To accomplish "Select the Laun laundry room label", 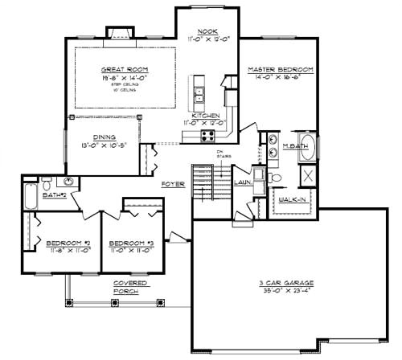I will tap(241, 182).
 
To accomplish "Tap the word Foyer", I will tap(173, 184).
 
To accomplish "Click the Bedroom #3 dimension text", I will tap(132, 251).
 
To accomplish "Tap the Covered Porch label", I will tap(129, 287).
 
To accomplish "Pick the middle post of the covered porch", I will tap(118, 302).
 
